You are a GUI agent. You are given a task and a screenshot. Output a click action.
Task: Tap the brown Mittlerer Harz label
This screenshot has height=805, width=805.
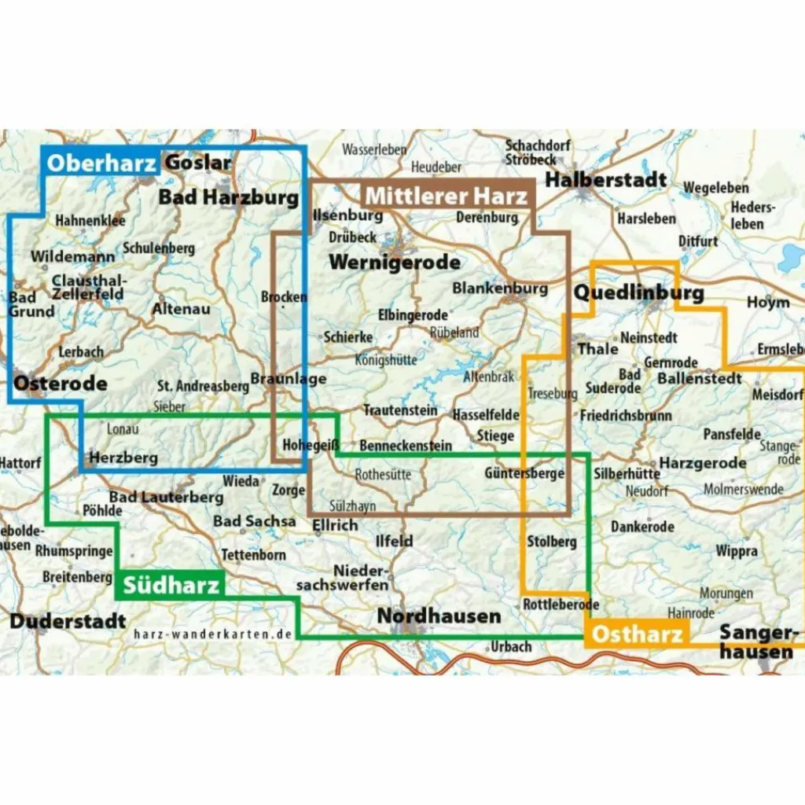(x=447, y=195)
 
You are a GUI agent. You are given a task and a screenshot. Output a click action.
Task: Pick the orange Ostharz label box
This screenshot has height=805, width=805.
(x=636, y=634)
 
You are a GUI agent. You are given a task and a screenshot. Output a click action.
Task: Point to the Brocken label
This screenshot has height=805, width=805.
(x=283, y=297)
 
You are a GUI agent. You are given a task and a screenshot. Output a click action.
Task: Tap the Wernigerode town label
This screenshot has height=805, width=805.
(x=395, y=263)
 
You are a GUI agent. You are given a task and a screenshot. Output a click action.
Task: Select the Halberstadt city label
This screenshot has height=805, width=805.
(x=606, y=180)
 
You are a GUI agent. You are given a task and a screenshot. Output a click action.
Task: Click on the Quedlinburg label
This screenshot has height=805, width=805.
(x=639, y=293)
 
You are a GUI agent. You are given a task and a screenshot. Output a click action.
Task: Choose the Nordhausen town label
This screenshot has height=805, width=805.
(x=439, y=616)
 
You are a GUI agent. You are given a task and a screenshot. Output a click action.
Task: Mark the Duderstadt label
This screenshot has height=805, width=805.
(x=68, y=621)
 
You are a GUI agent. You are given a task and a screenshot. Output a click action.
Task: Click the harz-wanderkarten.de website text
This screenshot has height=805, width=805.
(x=213, y=634)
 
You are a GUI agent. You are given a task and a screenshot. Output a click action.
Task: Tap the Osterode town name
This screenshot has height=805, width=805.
(x=61, y=384)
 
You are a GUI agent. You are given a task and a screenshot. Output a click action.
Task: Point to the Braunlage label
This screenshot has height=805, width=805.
(x=288, y=380)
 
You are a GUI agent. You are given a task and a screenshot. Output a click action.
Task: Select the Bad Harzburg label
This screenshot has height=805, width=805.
(x=229, y=197)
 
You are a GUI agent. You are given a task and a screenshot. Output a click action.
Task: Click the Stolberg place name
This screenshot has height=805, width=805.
(x=552, y=542)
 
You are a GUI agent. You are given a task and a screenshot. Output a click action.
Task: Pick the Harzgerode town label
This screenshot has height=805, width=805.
(x=703, y=463)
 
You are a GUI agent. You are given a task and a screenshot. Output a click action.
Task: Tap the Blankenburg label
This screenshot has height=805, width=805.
(x=500, y=288)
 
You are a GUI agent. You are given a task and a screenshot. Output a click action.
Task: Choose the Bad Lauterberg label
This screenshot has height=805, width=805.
(x=166, y=497)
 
